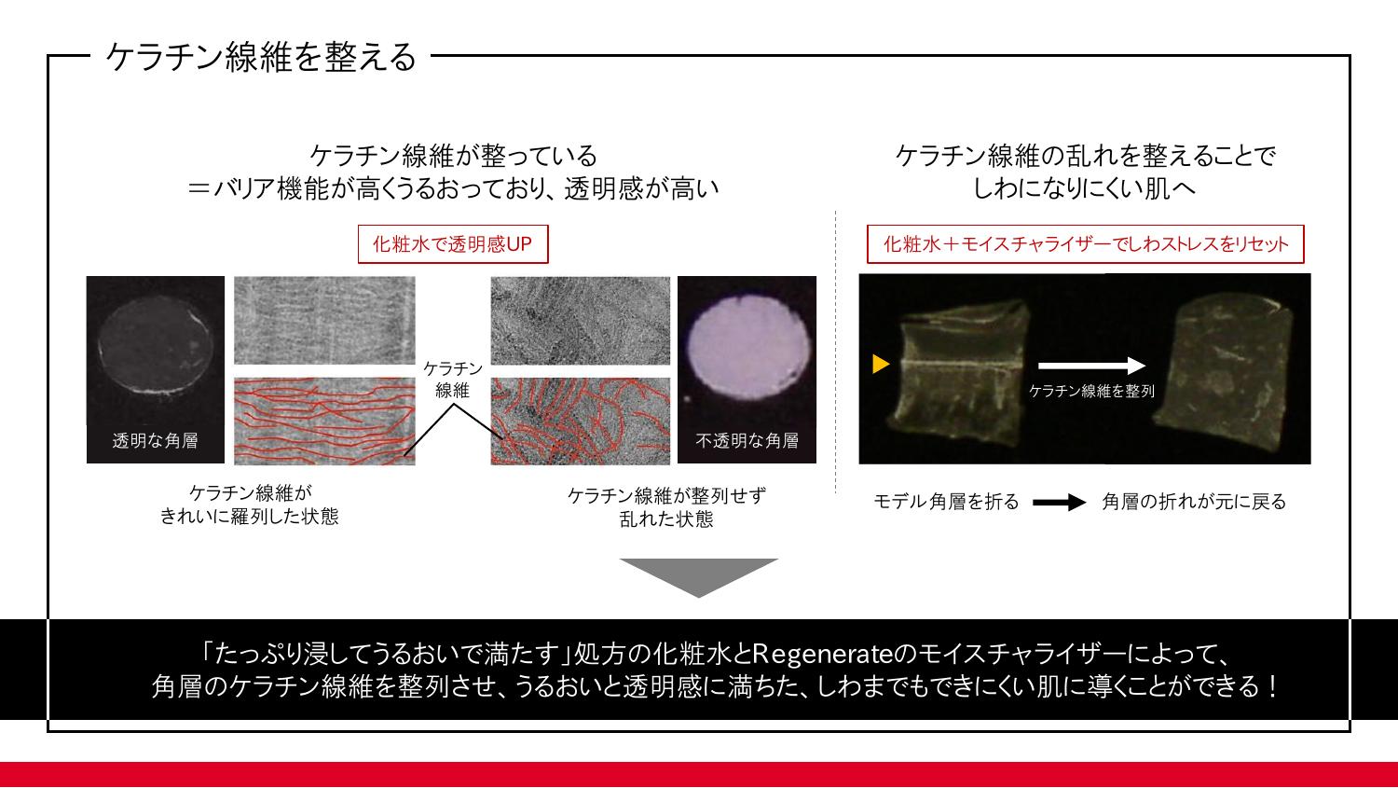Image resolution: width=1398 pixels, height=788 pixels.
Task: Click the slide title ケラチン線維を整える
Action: coord(261,57)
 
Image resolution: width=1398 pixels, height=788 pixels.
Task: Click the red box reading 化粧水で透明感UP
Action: coord(453,244)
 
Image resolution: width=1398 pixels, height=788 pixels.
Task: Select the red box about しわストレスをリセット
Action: coord(1086,244)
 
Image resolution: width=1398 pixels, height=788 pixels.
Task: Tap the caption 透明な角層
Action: coord(156,441)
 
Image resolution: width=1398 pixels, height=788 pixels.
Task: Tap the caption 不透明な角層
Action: coord(747,441)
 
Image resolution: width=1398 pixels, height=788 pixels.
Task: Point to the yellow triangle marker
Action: coord(881,364)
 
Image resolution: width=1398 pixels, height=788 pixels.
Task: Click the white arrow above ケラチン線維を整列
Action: coord(1091,366)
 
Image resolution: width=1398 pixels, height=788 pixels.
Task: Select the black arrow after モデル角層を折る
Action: coord(1060,502)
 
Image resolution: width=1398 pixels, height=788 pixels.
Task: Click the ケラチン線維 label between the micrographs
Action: coord(452,380)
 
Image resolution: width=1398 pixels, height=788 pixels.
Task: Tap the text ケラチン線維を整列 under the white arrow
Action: coord(1091,391)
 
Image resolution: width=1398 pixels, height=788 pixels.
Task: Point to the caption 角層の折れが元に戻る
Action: coord(1194,502)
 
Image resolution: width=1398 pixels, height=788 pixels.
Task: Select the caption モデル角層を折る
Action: coord(946,502)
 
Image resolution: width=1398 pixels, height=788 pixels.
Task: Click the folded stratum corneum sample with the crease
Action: coord(958,373)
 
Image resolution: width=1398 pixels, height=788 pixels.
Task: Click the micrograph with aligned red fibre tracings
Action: coord(324,421)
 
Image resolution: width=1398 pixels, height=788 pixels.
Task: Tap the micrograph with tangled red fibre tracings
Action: coord(581,421)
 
